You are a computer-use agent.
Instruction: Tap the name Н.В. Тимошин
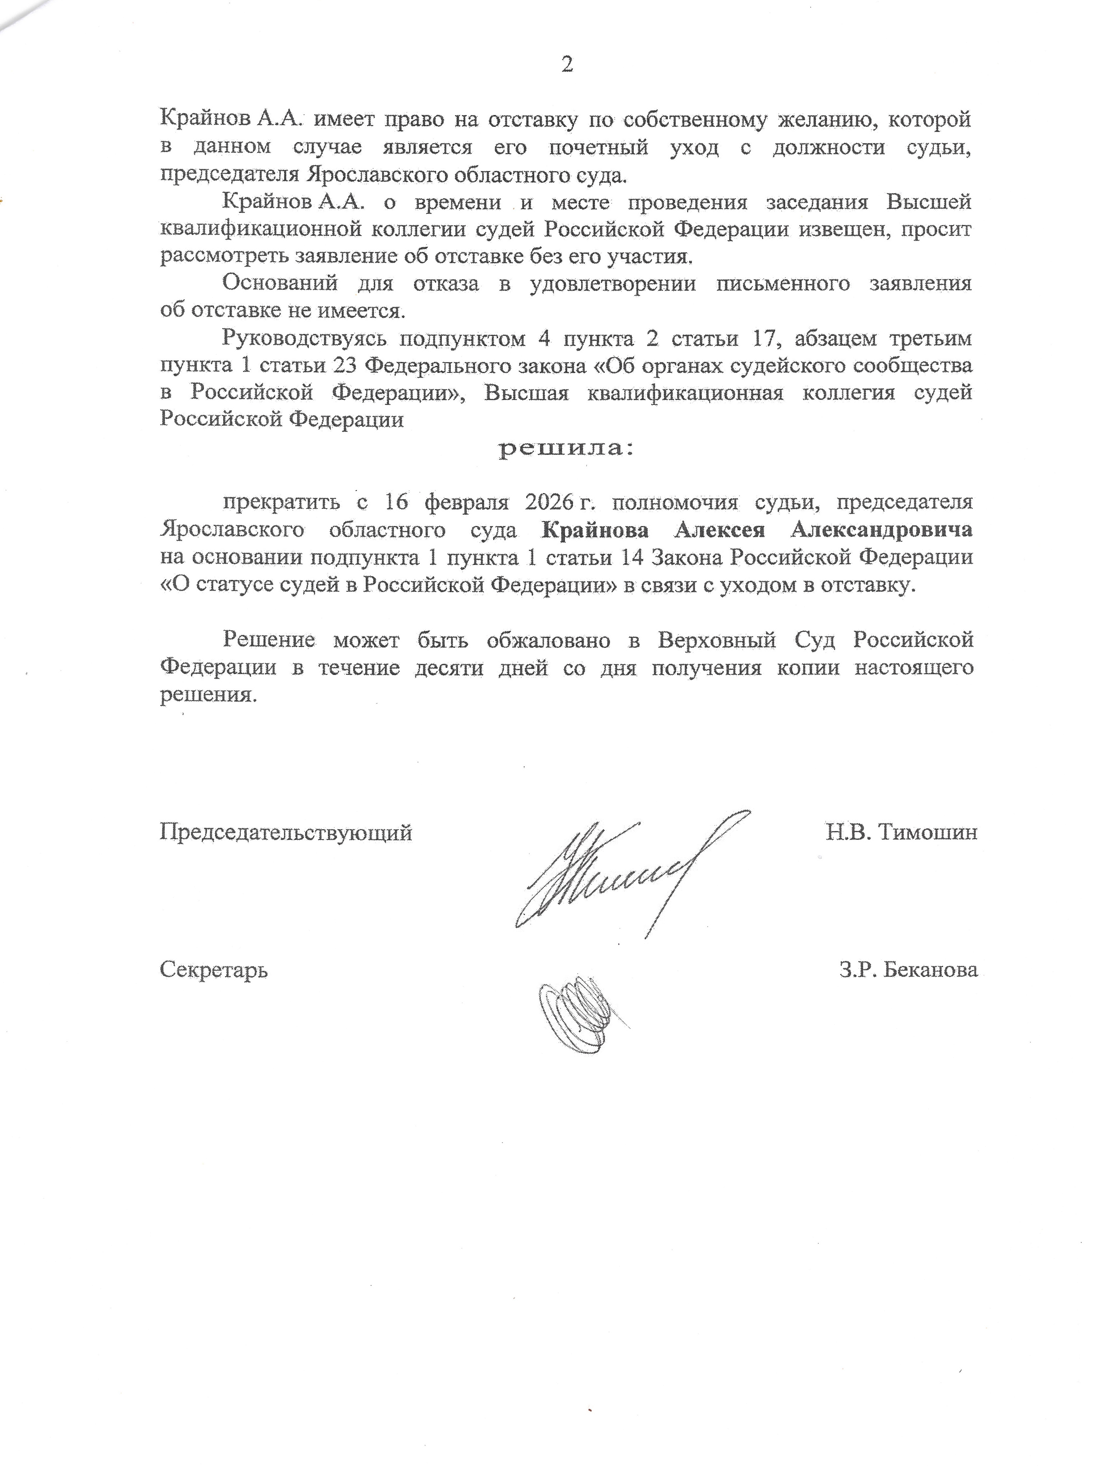[x=901, y=832]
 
